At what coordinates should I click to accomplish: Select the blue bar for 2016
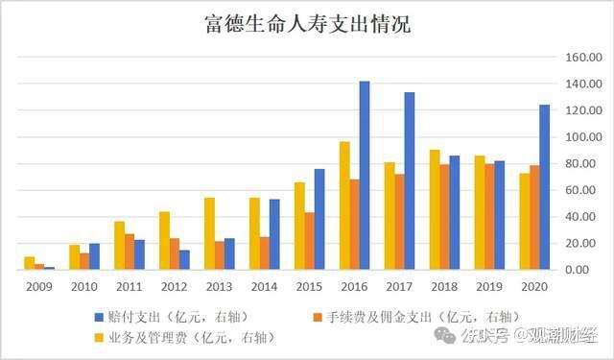coord(365,176)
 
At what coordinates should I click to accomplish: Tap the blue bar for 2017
coord(410,181)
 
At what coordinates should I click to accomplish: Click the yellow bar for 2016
coord(343,205)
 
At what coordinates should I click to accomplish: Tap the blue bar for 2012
coord(184,260)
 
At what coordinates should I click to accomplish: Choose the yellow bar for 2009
coord(30,263)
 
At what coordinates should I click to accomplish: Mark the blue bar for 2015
coord(319,219)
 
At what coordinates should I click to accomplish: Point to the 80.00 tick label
coord(582,163)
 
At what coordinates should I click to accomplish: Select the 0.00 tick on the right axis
coord(585,270)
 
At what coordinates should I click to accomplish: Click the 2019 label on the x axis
coord(489,286)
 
